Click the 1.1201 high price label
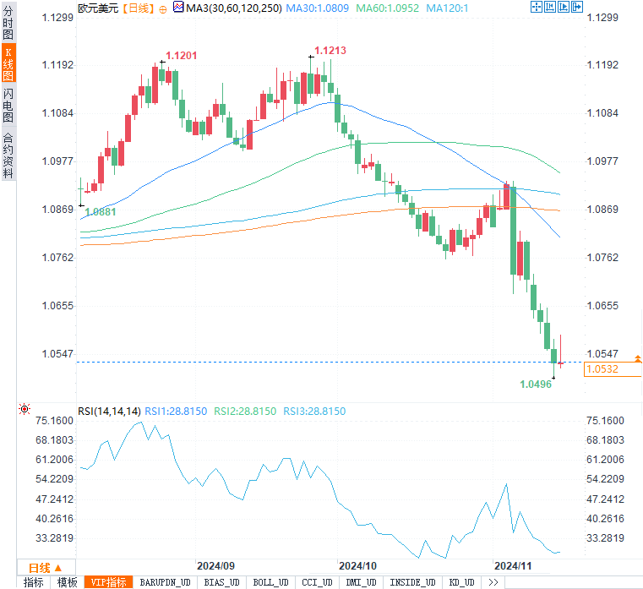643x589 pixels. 182,56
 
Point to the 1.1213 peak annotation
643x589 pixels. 330,51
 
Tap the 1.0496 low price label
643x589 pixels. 536,384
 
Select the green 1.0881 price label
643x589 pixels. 101,211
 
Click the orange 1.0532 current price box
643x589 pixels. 602,369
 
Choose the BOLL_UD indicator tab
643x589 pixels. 270,582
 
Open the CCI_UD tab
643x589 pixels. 319,582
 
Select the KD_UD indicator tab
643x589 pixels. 461,582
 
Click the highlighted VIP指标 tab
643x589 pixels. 109,582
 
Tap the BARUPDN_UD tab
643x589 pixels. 165,582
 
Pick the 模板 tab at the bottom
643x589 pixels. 67,582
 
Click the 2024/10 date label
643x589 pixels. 357,564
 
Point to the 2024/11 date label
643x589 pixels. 513,564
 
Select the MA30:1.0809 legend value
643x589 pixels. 316,8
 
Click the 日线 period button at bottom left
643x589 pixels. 40,567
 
